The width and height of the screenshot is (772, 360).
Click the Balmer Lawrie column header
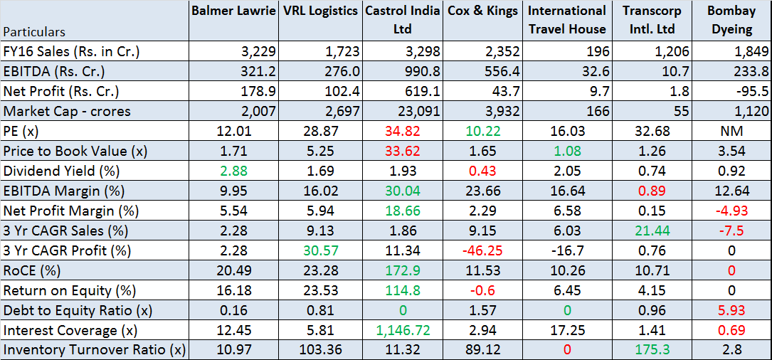pos(234,11)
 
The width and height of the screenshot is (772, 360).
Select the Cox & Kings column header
pos(482,11)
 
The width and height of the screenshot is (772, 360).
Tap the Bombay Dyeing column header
pos(732,20)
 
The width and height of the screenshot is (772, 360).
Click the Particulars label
pos(34,32)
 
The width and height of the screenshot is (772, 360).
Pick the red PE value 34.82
pos(403,131)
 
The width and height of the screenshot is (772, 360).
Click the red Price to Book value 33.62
pos(403,151)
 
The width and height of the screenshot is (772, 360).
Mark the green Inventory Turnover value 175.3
pos(648,350)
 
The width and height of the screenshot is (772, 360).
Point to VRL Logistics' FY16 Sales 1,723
pos(342,51)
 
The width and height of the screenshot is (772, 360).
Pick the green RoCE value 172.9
pos(403,270)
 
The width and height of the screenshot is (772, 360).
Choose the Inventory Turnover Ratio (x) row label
pos(94,350)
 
